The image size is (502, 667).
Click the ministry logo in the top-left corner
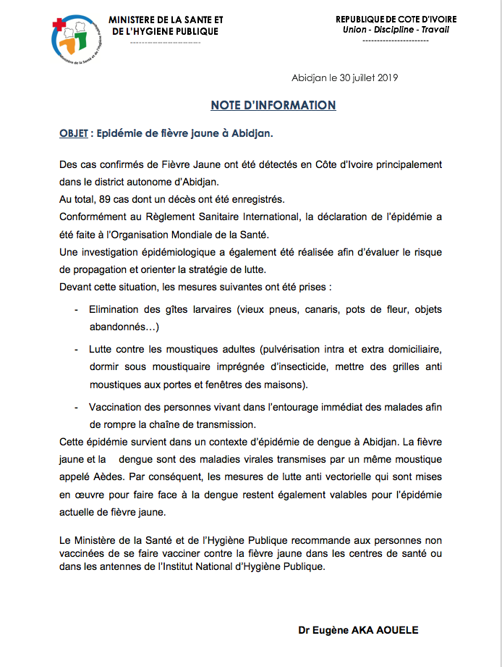(76, 41)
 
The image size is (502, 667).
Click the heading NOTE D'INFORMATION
(273, 106)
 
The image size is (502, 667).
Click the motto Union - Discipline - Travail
(396, 29)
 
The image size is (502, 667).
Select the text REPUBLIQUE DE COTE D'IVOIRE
(396, 18)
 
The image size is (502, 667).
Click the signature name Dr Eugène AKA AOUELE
(358, 630)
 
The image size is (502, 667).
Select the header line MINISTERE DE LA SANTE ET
(166, 19)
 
